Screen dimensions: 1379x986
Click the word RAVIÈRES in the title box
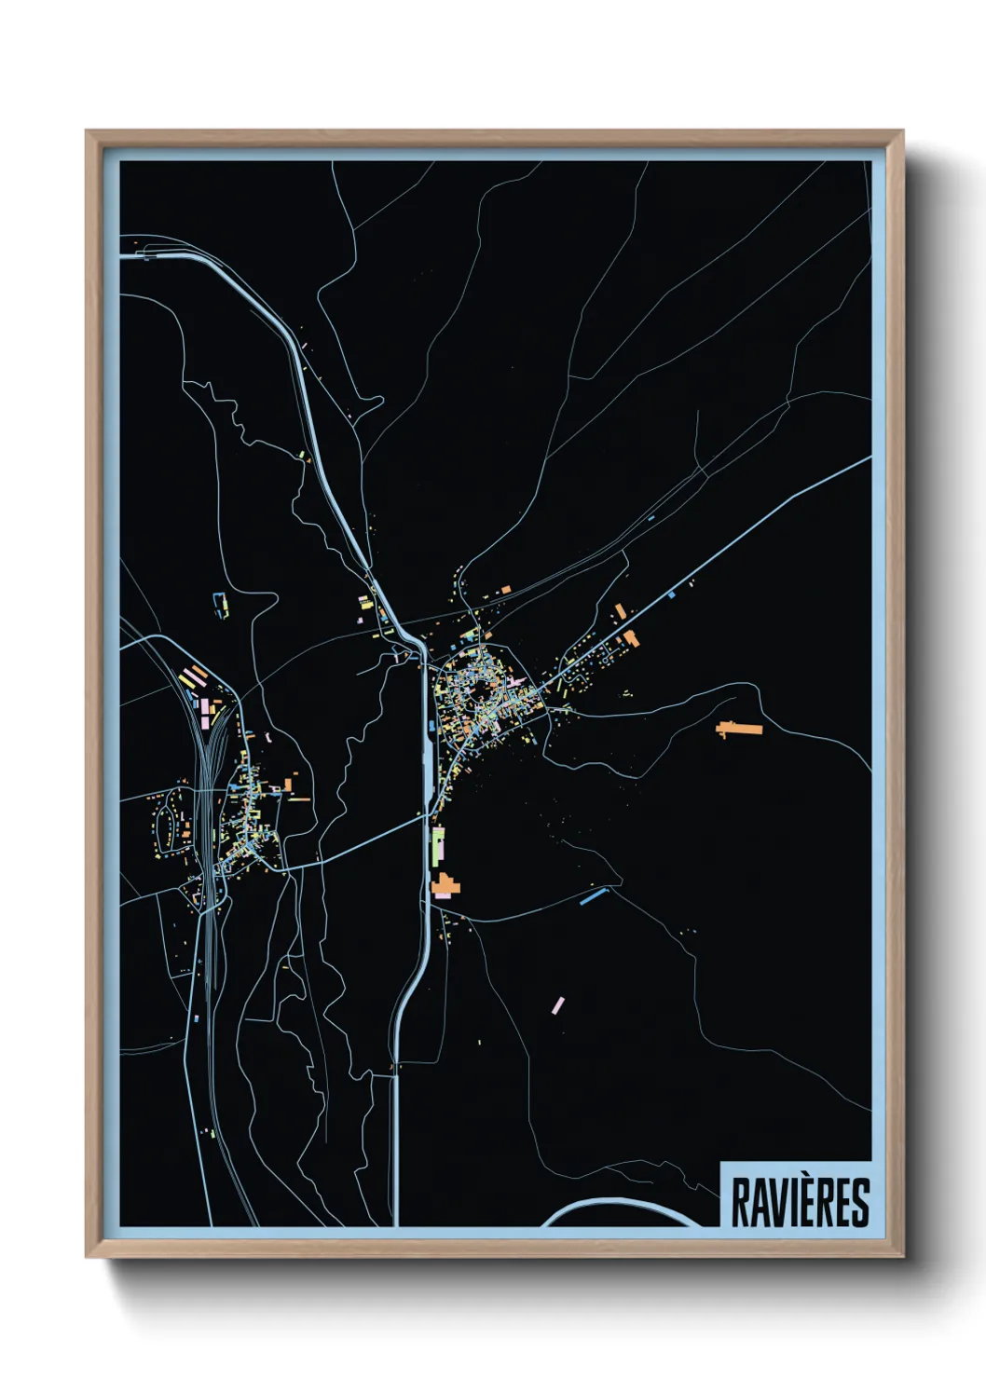(x=800, y=1201)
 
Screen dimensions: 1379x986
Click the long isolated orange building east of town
(x=739, y=728)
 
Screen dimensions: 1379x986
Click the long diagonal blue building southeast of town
(x=593, y=896)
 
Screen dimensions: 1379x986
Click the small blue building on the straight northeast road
(x=671, y=594)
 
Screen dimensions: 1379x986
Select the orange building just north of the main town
(x=505, y=590)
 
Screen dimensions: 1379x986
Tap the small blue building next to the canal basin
(x=431, y=724)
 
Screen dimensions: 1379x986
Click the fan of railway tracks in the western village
(x=214, y=745)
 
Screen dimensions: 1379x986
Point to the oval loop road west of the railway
(x=168, y=824)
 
